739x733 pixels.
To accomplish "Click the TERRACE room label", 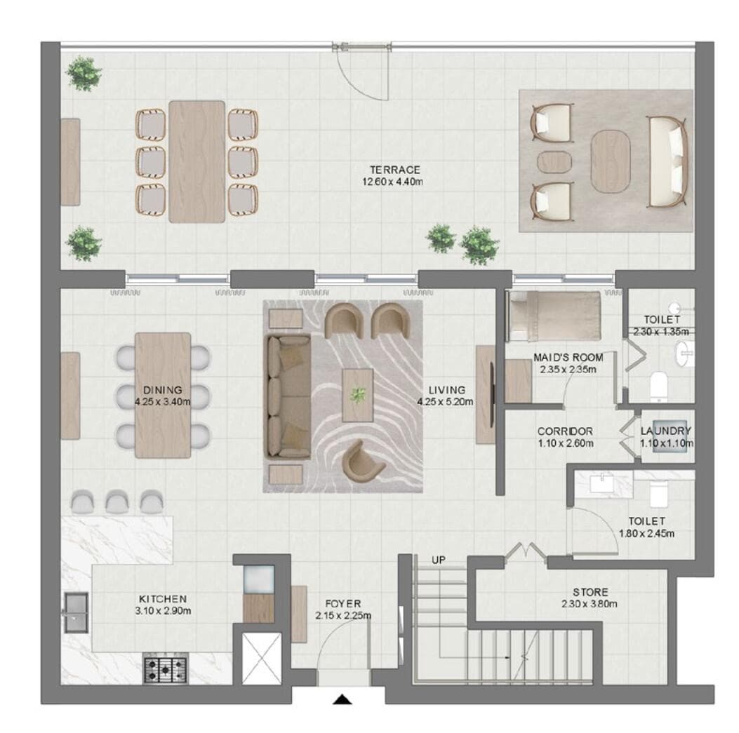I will click(x=395, y=170).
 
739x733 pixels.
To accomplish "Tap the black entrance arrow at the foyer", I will click(x=342, y=699).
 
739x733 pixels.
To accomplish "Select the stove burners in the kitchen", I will click(x=166, y=668).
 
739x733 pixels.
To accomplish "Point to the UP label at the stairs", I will click(x=439, y=560).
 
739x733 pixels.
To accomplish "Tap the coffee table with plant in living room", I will click(x=358, y=395).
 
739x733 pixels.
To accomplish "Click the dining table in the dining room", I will click(x=163, y=395).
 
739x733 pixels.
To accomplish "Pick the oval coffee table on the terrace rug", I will click(x=610, y=161).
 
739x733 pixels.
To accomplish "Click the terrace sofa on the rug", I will click(x=667, y=161).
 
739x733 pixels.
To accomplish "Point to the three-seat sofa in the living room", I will click(x=286, y=396).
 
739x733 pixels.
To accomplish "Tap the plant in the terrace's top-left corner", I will click(x=84, y=72).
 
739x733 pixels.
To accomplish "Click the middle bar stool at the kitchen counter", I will click(x=116, y=500).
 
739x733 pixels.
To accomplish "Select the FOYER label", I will click(x=342, y=603).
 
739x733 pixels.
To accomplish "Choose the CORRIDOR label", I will click(x=564, y=431).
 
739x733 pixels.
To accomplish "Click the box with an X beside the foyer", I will click(x=261, y=658).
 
